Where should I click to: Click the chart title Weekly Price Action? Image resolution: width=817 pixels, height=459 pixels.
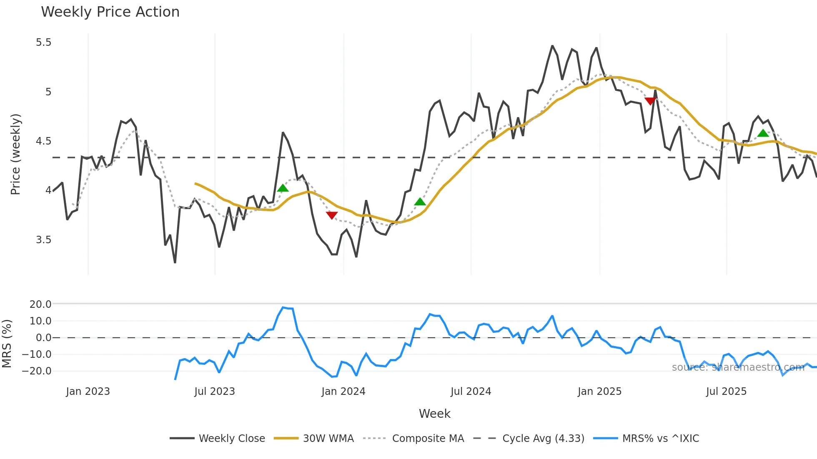click(x=110, y=12)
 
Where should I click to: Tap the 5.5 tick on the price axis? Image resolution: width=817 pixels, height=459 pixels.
click(x=43, y=42)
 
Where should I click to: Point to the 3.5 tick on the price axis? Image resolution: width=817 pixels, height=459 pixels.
click(x=43, y=240)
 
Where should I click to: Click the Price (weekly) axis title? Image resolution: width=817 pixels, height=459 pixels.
click(x=15, y=154)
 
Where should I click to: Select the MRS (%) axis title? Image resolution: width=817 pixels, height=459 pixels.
click(x=7, y=344)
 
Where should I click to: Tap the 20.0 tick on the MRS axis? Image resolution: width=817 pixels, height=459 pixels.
click(x=40, y=304)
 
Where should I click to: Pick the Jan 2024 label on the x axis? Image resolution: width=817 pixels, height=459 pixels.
click(x=343, y=392)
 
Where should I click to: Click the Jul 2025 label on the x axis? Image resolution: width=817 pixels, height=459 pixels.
click(x=726, y=392)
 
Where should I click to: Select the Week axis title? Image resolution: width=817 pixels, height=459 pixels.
click(x=434, y=414)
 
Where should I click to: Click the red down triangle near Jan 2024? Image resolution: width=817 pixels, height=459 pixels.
click(x=332, y=215)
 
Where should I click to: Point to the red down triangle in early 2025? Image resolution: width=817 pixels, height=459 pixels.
click(x=650, y=101)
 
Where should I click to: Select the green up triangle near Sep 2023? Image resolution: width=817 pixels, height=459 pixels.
click(x=283, y=188)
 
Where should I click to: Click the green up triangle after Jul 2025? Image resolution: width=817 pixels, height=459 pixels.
click(x=763, y=133)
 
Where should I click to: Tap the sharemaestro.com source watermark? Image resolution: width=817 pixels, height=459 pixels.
click(x=738, y=367)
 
